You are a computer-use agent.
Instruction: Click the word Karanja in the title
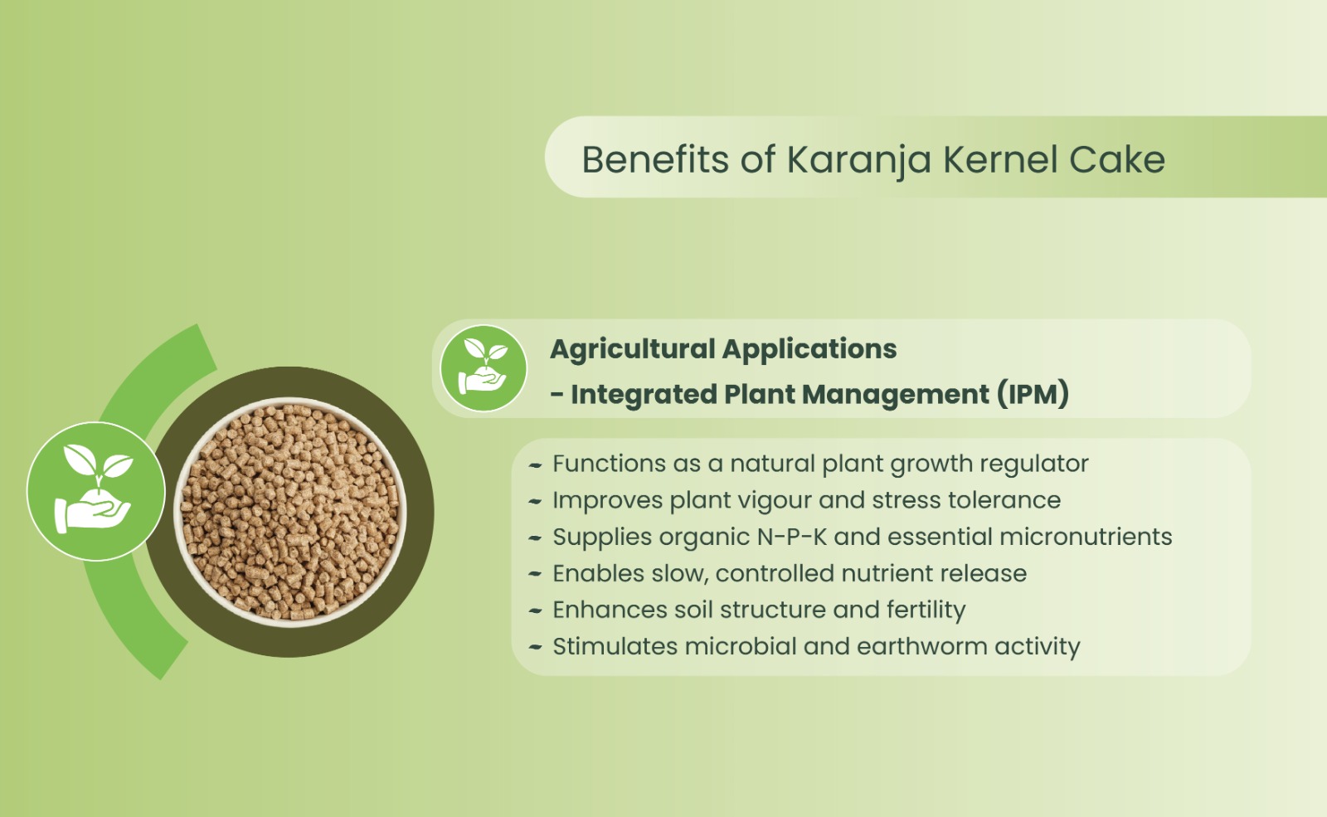[x=858, y=161]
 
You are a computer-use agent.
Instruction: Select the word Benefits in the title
[x=655, y=159]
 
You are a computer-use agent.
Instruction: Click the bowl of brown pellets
[x=289, y=512]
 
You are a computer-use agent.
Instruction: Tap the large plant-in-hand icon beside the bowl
[x=96, y=491]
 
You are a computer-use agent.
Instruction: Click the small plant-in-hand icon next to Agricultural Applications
[x=484, y=368]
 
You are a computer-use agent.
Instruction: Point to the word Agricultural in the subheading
[x=633, y=349]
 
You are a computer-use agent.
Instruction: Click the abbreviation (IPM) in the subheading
[x=1033, y=394]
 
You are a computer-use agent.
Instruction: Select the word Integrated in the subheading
[x=644, y=395]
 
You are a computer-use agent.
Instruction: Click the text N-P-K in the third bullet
[x=791, y=537]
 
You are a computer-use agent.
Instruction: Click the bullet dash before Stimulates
[x=535, y=647]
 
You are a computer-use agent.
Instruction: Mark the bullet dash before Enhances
[x=535, y=610]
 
